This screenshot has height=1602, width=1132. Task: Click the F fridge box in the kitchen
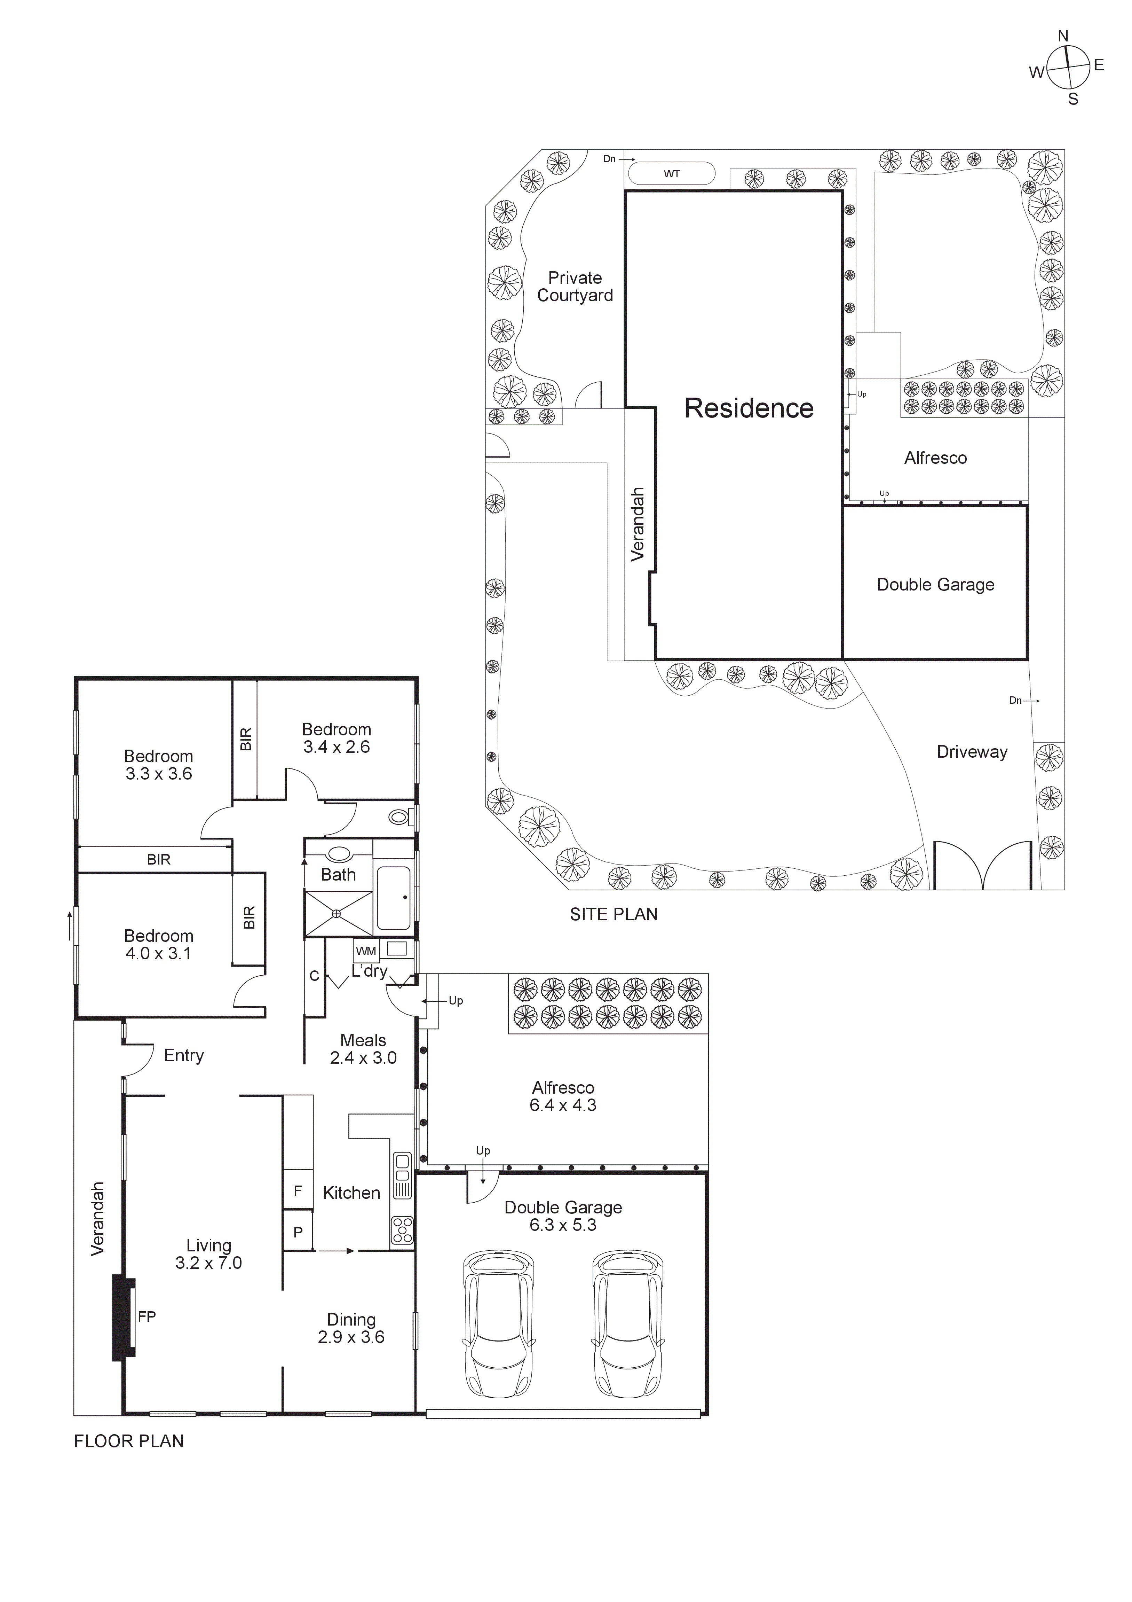298,1191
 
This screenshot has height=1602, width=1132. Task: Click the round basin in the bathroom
339,853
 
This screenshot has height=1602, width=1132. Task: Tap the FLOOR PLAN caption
129,1441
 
